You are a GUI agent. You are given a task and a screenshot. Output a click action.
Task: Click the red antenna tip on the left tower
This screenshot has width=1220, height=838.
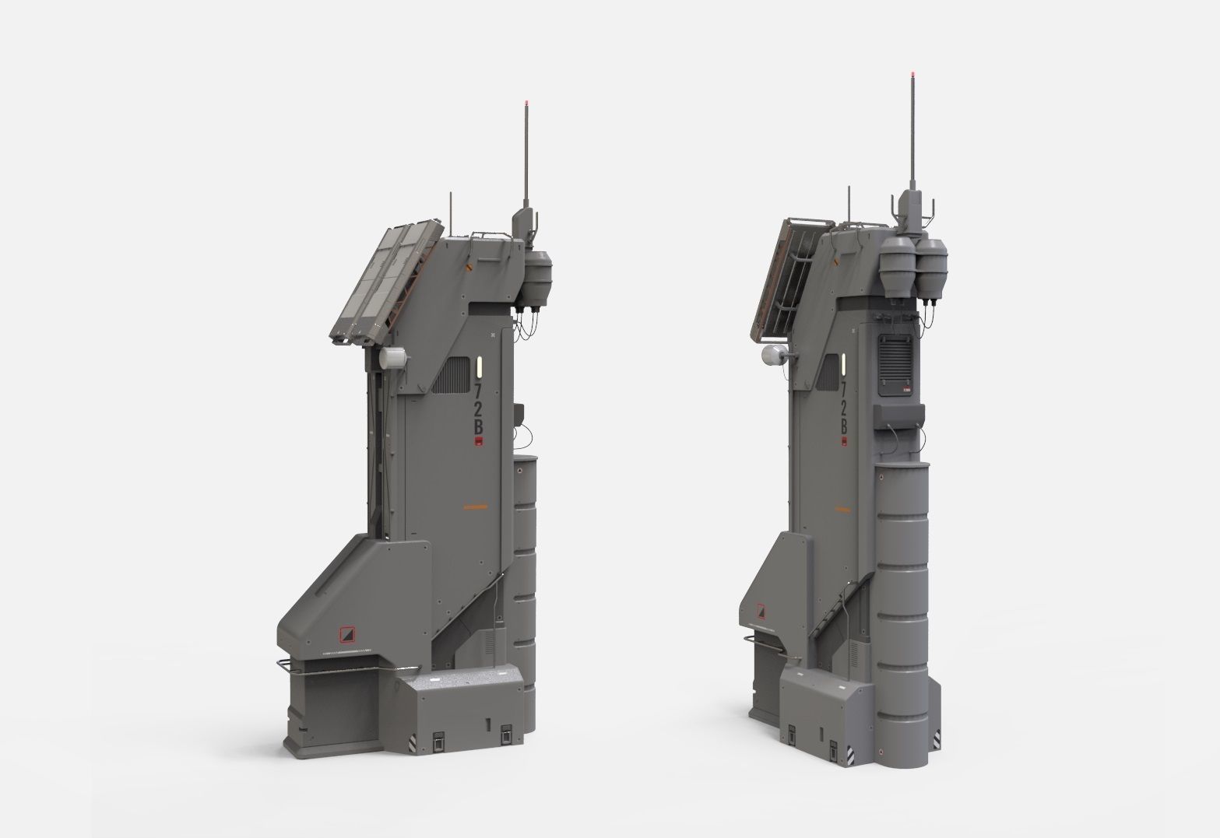528,103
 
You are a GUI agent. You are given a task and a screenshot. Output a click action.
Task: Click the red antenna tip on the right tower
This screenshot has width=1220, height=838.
912,75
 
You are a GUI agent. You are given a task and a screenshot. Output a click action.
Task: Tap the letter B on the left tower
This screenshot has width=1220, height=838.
478,427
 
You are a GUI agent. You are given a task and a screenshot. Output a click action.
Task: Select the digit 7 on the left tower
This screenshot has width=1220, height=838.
478,387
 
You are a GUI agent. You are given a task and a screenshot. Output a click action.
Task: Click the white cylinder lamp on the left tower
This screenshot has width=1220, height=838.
392,359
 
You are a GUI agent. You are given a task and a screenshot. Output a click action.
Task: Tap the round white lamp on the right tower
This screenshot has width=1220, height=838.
771,356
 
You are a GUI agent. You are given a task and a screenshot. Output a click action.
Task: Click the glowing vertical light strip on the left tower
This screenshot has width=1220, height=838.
478,365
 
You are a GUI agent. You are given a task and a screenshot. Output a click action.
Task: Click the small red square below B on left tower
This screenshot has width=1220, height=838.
479,444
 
